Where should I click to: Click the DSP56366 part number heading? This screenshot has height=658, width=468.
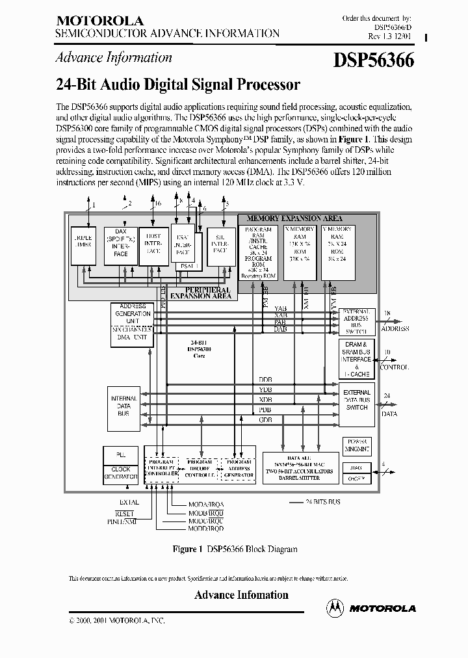tap(374, 60)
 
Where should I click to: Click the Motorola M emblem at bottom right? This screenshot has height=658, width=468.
tap(335, 608)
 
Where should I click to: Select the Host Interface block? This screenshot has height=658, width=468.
tap(153, 245)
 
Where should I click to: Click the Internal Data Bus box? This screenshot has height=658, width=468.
tap(123, 406)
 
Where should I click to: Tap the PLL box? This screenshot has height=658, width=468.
tap(121, 454)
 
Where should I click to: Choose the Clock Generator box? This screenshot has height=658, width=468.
tap(121, 473)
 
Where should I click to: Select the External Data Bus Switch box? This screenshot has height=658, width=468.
tap(357, 400)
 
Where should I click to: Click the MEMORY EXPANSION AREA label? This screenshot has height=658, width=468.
tap(294, 219)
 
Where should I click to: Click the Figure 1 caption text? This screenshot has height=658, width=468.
tap(234, 549)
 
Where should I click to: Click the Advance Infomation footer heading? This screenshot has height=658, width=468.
tap(241, 595)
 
